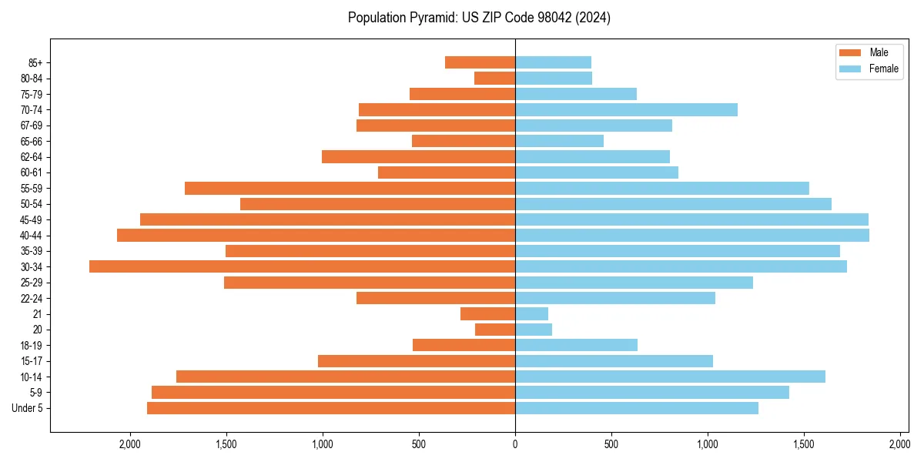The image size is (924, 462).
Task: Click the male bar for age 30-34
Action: click(x=302, y=266)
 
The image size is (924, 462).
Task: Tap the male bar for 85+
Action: click(x=480, y=62)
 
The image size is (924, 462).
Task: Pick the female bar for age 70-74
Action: click(x=626, y=109)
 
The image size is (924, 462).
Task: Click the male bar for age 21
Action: click(x=487, y=313)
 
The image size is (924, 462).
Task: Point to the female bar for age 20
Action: click(x=534, y=330)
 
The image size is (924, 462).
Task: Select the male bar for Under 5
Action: click(x=331, y=408)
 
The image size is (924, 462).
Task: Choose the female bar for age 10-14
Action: click(x=670, y=377)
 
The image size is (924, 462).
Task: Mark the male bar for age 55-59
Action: click(x=350, y=188)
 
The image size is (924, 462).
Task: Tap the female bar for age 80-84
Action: click(x=554, y=78)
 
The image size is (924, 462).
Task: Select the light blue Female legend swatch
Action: click(x=849, y=69)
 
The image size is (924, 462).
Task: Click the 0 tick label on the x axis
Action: click(x=515, y=444)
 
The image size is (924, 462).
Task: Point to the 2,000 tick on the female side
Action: click(x=900, y=444)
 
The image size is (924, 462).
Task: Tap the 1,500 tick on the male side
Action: click(x=226, y=444)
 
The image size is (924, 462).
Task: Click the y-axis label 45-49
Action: click(x=32, y=219)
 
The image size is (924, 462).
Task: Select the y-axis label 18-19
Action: click(x=32, y=345)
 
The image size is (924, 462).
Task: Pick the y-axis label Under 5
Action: click(x=28, y=408)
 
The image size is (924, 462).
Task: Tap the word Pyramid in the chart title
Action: click(x=431, y=18)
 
